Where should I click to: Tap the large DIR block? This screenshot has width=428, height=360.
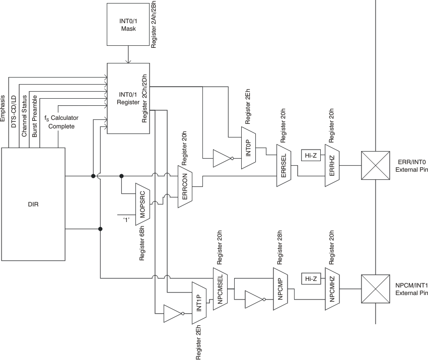tap(33, 205)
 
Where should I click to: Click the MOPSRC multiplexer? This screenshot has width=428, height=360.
tap(144, 201)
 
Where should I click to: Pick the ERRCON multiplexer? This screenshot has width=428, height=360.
tap(186, 186)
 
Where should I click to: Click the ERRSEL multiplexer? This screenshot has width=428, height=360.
tap(283, 166)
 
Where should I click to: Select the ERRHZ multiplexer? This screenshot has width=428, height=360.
tap(332, 166)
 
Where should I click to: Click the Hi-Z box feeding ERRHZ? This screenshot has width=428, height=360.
tap(310, 156)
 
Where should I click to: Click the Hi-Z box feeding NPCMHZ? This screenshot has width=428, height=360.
tap(310, 278)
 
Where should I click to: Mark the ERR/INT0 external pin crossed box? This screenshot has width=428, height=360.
tap(376, 166)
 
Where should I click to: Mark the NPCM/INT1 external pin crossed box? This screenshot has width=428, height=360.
tap(376, 289)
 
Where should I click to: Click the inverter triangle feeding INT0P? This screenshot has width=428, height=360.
tap(222, 158)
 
